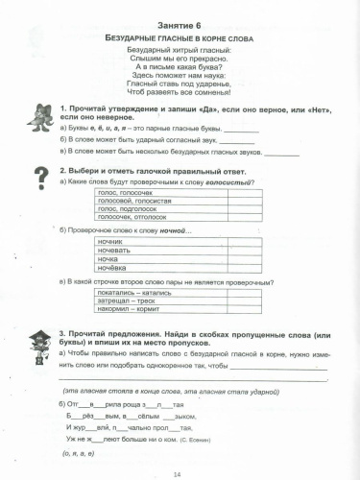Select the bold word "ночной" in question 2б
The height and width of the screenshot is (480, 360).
[x=169, y=230]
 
